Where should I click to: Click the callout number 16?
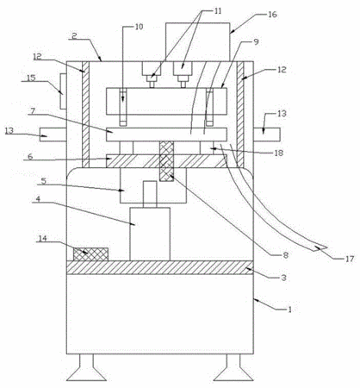point(272,15)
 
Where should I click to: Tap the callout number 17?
point(350,259)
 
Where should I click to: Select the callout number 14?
point(42,238)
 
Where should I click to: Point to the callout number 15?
point(31,78)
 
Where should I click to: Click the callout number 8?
point(285,255)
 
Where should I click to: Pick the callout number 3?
point(283,278)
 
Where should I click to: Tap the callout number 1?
point(290,310)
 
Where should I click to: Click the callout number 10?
point(139,27)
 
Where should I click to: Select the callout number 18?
point(278,153)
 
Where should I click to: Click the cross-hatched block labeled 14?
point(90,254)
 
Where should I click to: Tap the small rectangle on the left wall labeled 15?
point(63,91)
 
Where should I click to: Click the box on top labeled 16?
point(198,42)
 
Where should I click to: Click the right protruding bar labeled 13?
point(266,135)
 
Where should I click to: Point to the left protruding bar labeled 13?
point(53,135)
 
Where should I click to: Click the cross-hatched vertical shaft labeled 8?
point(167,161)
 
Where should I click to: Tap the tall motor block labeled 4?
point(150,235)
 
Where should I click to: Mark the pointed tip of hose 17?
point(327,247)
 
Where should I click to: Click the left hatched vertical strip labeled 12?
point(86,115)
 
